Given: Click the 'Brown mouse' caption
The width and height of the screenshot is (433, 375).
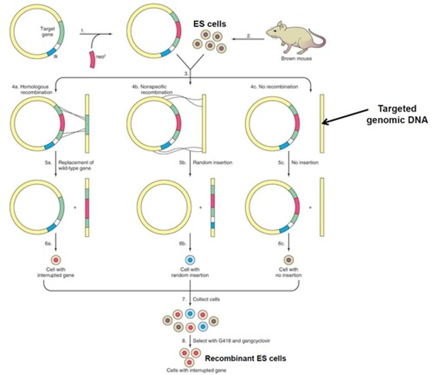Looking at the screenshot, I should point(296,58).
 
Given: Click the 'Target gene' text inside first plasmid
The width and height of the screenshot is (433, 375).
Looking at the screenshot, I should point(47,31).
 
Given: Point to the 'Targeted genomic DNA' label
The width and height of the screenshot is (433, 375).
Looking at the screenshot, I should point(397,114).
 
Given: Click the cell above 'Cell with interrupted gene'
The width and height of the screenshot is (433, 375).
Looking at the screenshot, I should point(56,260).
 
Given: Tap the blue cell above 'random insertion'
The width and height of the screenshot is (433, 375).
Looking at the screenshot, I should point(190,260).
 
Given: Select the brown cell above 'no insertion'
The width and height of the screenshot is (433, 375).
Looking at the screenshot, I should point(289,260).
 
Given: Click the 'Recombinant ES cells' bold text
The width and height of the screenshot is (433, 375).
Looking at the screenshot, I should point(245,358).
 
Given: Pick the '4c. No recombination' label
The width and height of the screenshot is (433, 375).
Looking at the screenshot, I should point(274,87).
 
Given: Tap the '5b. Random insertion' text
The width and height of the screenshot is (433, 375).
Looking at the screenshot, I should point(212,162).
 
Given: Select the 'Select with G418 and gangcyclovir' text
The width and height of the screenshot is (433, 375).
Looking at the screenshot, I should point(231,341).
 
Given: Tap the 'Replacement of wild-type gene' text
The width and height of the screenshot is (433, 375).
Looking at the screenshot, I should point(76,165).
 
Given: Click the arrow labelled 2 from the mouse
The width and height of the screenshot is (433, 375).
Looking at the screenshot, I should point(248,39).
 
